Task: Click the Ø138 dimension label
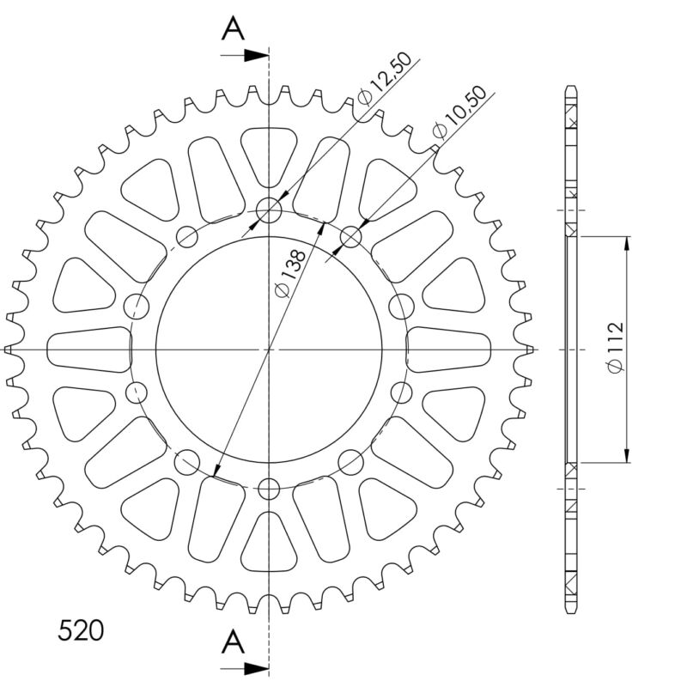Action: (289, 273)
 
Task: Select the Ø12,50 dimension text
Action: (384, 79)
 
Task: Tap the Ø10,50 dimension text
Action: (459, 112)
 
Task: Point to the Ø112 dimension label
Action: (616, 348)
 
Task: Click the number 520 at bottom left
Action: (81, 630)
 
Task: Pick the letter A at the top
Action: (233, 30)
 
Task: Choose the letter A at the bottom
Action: (233, 641)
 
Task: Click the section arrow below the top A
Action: (245, 56)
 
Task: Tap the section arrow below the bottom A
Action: (245, 669)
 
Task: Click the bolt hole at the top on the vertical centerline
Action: (269, 210)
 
